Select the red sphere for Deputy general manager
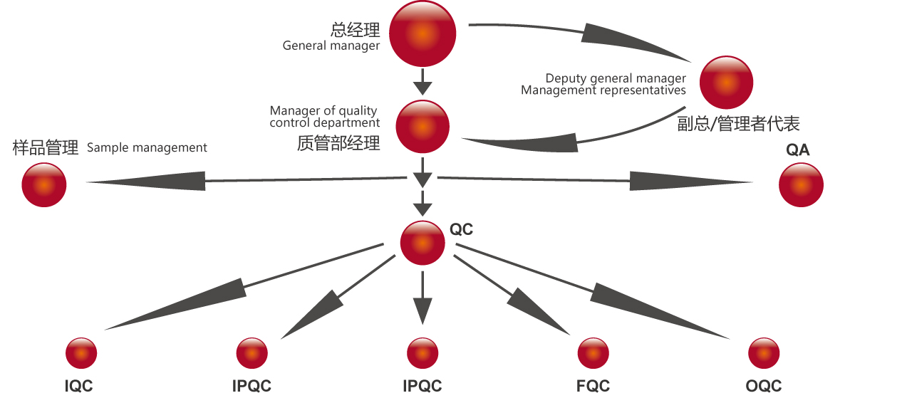(x=726, y=83)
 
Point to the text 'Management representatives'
(x=603, y=90)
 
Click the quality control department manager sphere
(x=423, y=127)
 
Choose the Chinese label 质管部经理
(x=338, y=143)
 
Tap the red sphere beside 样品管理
(x=44, y=184)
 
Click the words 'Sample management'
(x=147, y=148)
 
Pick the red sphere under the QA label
(x=801, y=185)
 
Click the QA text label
(x=798, y=150)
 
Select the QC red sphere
(x=423, y=243)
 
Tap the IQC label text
(x=78, y=387)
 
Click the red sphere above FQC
(x=593, y=353)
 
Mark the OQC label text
(x=764, y=387)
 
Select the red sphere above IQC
(x=81, y=353)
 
